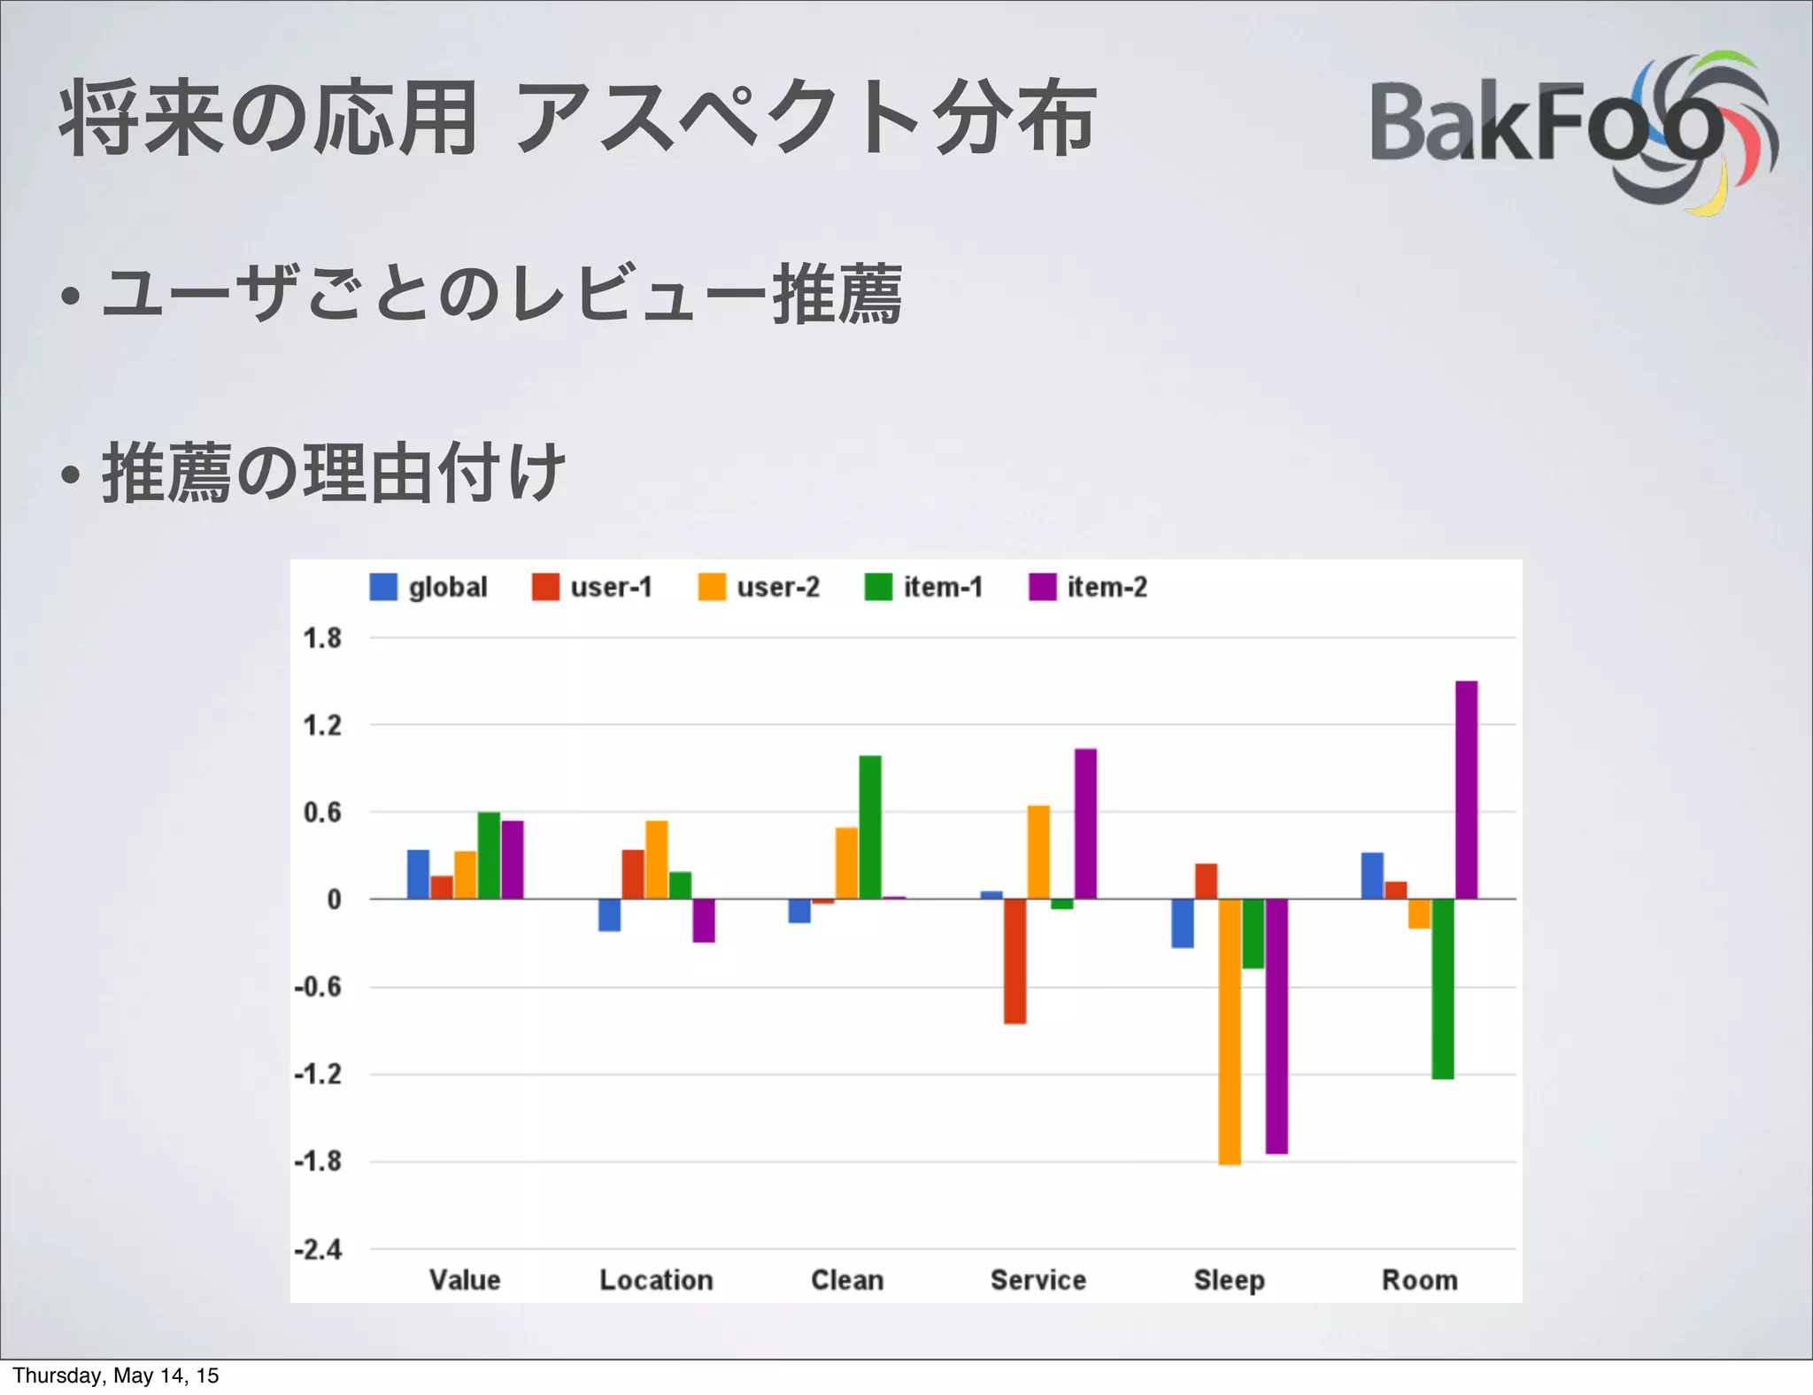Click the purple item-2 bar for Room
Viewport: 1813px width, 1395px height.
1466,790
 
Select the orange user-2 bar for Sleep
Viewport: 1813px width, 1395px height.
1230,1031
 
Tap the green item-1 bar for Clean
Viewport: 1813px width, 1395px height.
870,827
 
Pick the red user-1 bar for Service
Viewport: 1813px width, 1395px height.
1015,961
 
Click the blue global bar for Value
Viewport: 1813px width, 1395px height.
418,875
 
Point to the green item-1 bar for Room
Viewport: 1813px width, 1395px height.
1443,989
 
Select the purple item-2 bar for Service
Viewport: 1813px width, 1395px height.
1085,823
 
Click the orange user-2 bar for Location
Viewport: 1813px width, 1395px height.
656,859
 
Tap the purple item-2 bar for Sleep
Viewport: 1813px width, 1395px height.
1277,1026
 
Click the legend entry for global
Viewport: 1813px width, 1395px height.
429,587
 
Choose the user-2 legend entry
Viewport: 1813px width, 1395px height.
760,587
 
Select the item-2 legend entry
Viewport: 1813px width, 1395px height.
1089,587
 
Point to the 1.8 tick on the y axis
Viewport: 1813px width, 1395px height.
322,638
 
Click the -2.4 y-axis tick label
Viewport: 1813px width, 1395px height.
319,1250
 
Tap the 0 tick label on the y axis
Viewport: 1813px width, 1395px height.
334,899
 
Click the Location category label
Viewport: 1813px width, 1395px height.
656,1280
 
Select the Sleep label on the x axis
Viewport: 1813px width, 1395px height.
1229,1280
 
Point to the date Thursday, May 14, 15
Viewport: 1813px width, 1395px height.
116,1376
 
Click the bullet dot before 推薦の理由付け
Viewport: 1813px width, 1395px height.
72,475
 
